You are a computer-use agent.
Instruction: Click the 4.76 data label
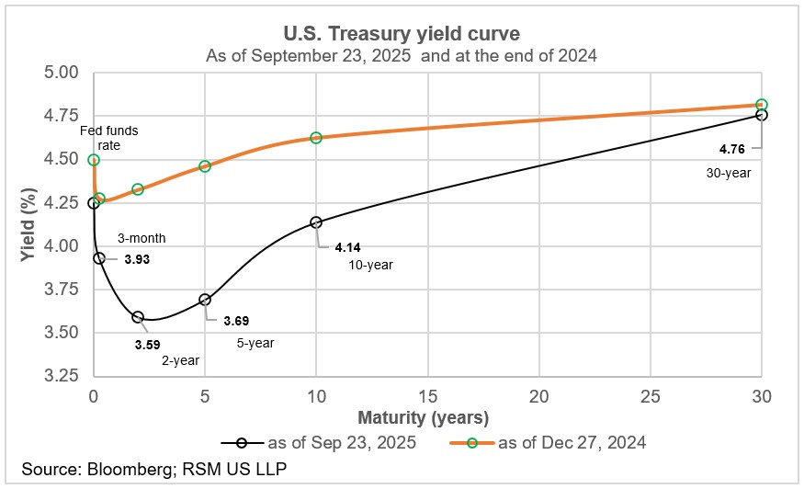[x=730, y=147]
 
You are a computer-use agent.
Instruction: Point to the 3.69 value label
[x=236, y=322]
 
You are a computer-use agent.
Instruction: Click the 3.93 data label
[x=136, y=260]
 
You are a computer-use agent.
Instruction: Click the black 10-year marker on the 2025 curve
[x=316, y=222]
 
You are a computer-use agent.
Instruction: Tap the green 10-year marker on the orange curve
[x=316, y=138]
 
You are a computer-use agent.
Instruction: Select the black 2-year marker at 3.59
[x=138, y=317]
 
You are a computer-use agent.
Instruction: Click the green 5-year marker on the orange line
[x=205, y=166]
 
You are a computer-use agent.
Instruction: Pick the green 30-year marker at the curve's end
[x=762, y=105]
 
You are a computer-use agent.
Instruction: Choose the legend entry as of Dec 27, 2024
[x=557, y=442]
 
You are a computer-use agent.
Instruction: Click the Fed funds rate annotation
[x=109, y=138]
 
